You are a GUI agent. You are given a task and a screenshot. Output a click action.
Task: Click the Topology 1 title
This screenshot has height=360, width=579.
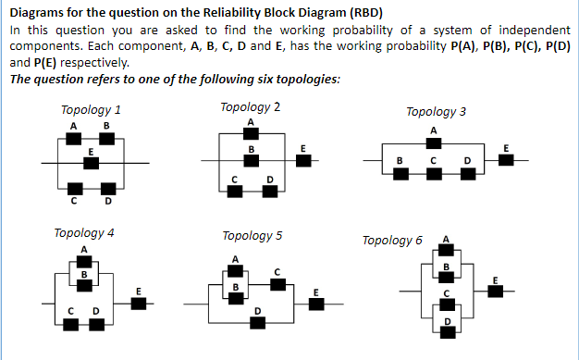pos(91,109)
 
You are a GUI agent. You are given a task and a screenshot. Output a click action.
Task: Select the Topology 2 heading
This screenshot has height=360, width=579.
pos(251,106)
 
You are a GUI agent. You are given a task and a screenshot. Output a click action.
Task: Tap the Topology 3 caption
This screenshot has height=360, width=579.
pos(436,111)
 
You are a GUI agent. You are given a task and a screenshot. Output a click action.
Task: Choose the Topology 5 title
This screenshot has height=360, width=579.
pos(252,235)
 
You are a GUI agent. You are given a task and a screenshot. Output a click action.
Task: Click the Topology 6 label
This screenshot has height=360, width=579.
pos(392,241)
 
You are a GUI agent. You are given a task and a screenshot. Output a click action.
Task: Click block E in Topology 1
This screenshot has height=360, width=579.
pos(90,164)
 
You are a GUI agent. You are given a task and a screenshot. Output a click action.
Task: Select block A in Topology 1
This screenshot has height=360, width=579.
pos(72,139)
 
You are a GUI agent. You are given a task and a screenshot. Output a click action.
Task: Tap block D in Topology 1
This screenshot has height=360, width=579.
pos(107,190)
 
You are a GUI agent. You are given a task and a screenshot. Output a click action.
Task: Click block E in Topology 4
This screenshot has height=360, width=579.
pos(138,302)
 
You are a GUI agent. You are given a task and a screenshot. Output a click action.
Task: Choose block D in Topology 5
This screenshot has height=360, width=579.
pos(257,320)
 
